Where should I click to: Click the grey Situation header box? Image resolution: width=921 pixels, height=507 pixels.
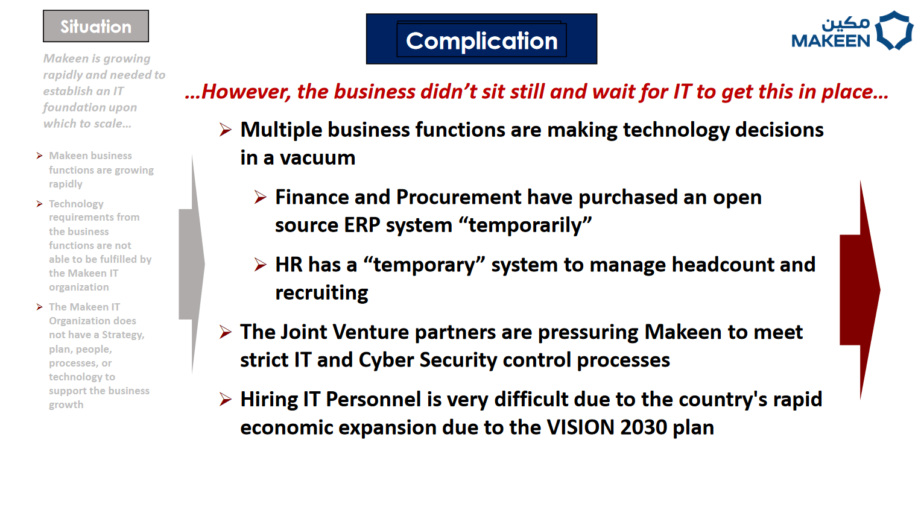pyautogui.click(x=96, y=26)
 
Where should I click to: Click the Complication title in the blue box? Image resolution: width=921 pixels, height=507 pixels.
pyautogui.click(x=481, y=40)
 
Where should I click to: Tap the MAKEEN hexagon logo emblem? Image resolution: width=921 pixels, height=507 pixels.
pyautogui.click(x=894, y=30)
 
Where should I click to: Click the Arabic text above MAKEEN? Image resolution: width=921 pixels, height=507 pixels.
pyautogui.click(x=846, y=24)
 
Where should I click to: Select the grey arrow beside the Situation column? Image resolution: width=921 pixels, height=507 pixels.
pyautogui.click(x=192, y=264)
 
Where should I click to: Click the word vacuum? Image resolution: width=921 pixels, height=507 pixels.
pyautogui.click(x=318, y=158)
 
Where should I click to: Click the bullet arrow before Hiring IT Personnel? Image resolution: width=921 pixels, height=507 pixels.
pyautogui.click(x=226, y=399)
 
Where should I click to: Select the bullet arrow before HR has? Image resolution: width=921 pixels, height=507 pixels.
pyautogui.click(x=261, y=264)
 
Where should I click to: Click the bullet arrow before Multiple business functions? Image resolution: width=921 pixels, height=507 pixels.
pyautogui.click(x=226, y=130)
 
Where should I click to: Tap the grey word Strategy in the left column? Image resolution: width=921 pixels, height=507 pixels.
pyautogui.click(x=123, y=335)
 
